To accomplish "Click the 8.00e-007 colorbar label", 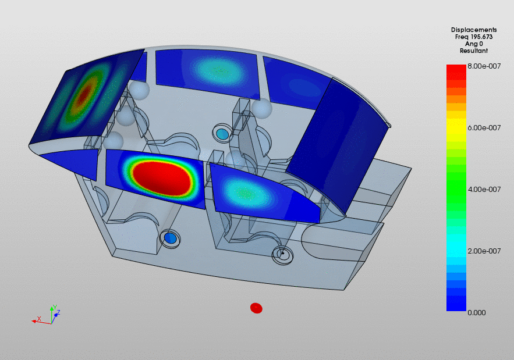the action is [x=484, y=66].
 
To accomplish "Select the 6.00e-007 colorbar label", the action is [x=484, y=128].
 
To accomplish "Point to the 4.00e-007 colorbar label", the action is [x=484, y=190].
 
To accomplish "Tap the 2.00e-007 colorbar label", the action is [x=484, y=251].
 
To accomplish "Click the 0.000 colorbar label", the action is [x=477, y=312].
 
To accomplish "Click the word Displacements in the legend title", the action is [x=474, y=30].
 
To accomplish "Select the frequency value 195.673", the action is [x=481, y=37].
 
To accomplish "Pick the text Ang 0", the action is [x=474, y=44].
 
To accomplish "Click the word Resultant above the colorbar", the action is [x=474, y=51].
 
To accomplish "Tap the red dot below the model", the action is [x=256, y=308].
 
